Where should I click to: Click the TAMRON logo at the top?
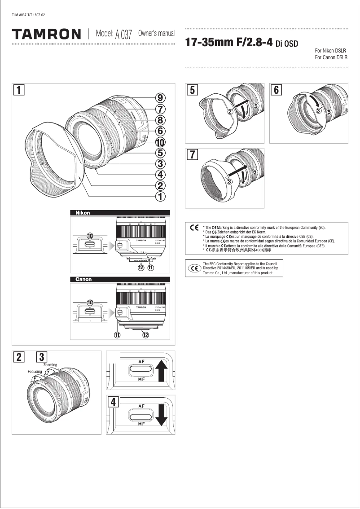47,34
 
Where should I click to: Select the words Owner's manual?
156,34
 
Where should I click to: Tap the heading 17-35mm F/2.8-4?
229,43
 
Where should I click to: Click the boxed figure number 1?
18,90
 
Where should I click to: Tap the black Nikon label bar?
119,213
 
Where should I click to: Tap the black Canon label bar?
119,279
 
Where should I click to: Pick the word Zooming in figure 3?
50,365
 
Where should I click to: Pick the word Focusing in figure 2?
35,372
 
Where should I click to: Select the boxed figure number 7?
192,155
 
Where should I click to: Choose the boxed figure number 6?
276,90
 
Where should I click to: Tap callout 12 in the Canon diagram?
145,334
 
